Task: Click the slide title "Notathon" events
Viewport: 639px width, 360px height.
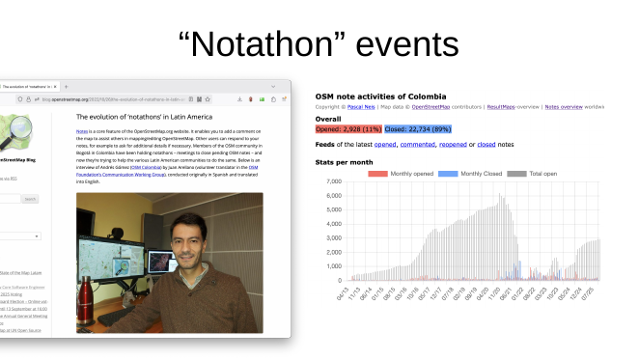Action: tap(319, 43)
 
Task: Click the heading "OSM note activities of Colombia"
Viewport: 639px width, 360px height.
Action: tap(380, 97)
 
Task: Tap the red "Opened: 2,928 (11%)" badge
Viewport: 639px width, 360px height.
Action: tap(348, 128)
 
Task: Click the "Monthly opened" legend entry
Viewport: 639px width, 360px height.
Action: tap(406, 173)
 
